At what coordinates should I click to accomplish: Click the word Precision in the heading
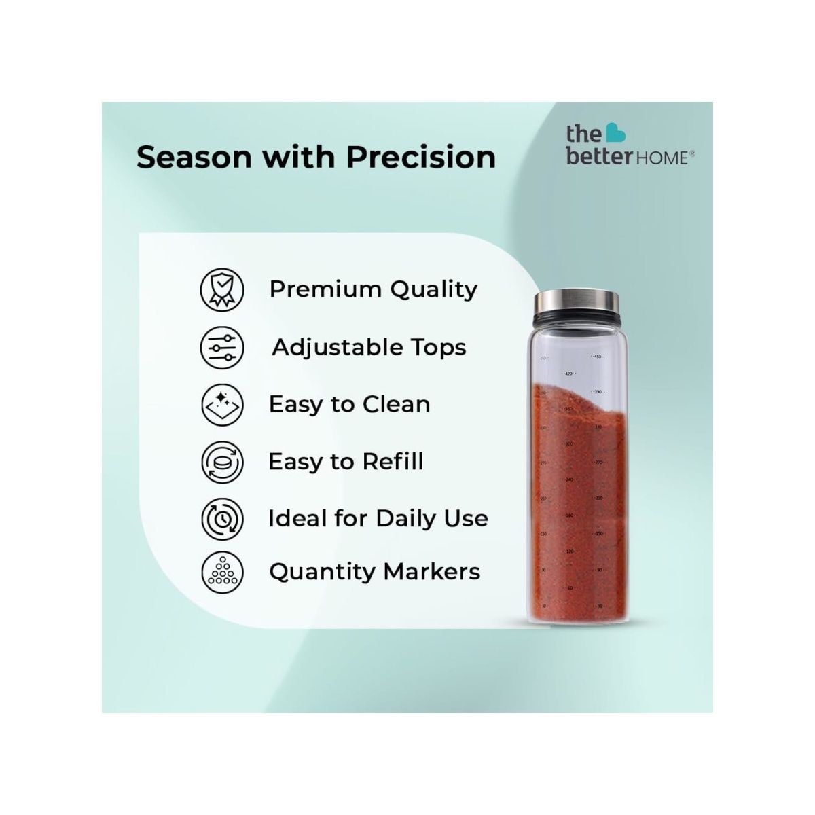[421, 157]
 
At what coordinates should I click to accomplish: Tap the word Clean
[396, 405]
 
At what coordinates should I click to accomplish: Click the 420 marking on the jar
[569, 374]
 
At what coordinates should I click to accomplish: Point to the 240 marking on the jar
[569, 479]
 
